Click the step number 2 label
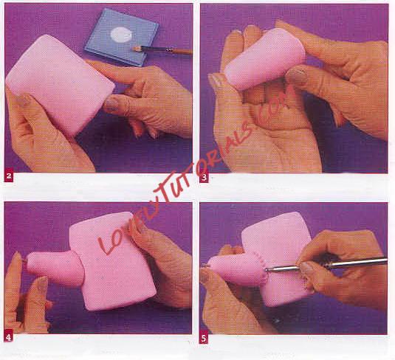(9, 176)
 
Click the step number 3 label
(204, 178)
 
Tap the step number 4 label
(9, 338)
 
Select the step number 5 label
(204, 339)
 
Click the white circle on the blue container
(121, 35)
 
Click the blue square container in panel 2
(122, 38)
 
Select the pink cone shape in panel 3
(264, 58)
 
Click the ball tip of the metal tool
(267, 270)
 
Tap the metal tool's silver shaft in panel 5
(328, 264)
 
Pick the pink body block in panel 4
(114, 262)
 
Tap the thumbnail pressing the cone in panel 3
(297, 75)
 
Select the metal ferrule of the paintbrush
(168, 49)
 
